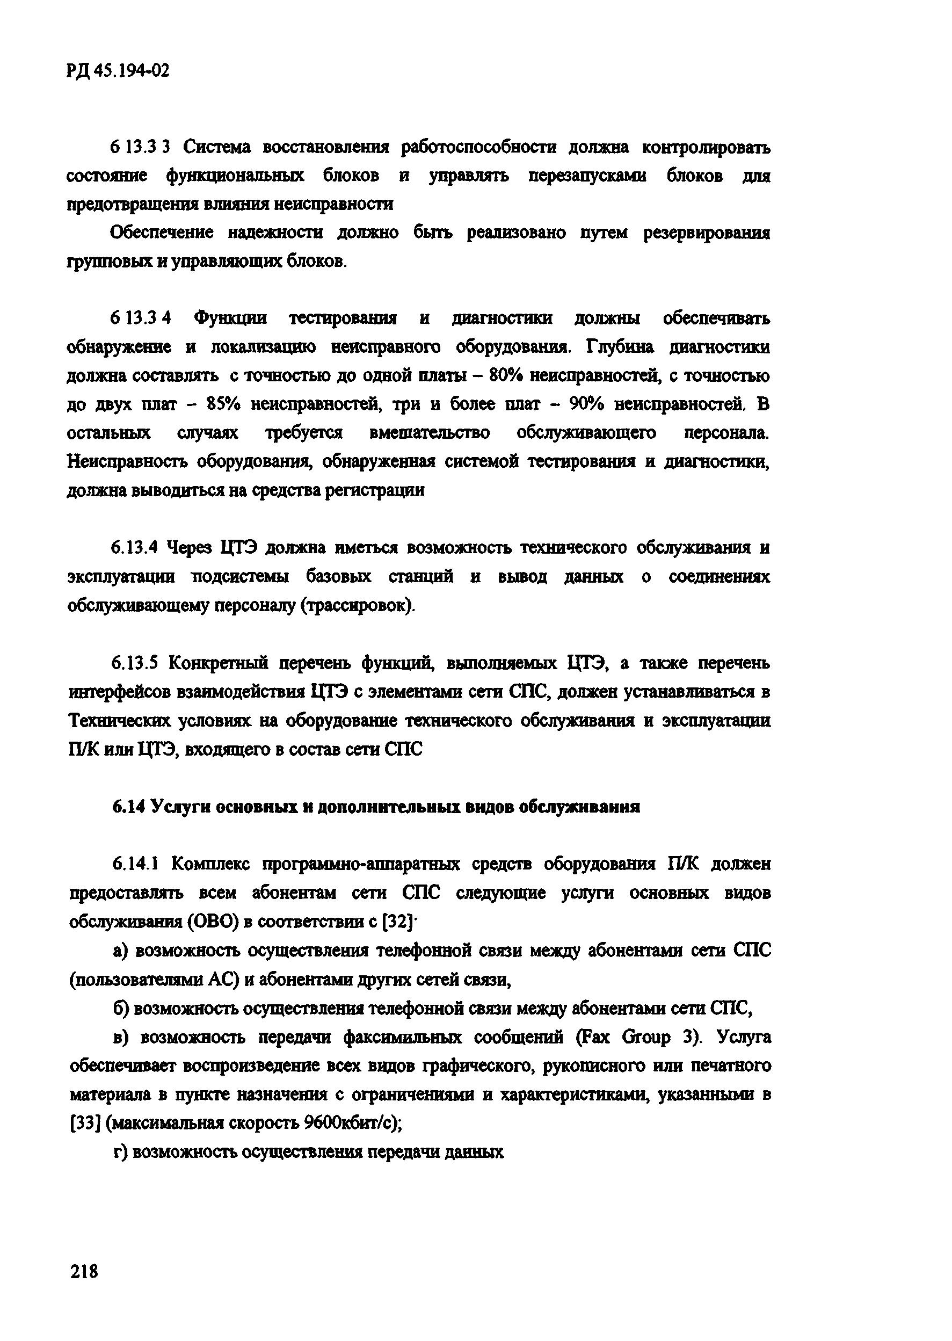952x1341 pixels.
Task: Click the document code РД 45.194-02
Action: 119,71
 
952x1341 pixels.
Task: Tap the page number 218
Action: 84,1271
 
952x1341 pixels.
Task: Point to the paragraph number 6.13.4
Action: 135,548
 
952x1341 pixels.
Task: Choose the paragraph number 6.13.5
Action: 135,663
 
